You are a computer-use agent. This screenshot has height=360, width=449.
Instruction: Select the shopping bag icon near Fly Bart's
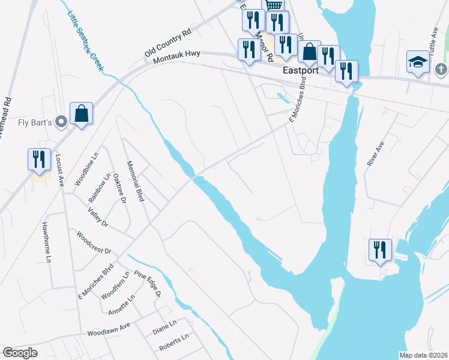click(81, 113)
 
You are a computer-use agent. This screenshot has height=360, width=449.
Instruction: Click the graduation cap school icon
click(417, 62)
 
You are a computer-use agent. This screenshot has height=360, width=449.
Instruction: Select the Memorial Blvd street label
click(136, 180)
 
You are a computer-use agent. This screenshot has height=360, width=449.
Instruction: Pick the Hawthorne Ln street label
click(46, 242)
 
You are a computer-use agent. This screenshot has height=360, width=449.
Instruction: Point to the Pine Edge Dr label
click(148, 283)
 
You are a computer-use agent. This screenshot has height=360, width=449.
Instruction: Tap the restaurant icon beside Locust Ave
click(39, 160)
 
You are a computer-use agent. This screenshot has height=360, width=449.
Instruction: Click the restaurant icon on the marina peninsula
click(380, 250)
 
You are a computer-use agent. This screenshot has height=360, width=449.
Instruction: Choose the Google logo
click(20, 353)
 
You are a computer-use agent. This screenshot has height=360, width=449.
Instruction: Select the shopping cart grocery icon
click(273, 5)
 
